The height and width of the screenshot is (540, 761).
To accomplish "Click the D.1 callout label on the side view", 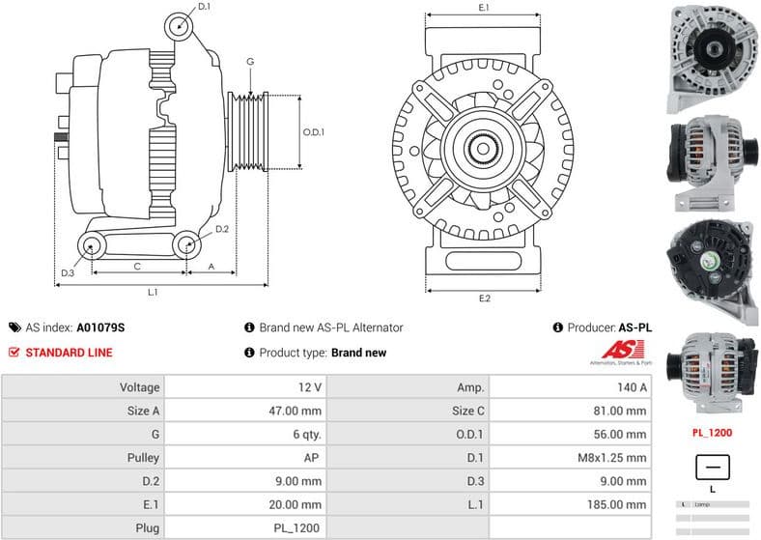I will pos(204,8).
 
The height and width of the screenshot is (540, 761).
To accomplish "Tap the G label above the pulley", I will pos(250,62).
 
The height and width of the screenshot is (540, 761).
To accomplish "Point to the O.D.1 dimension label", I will pos(314,132).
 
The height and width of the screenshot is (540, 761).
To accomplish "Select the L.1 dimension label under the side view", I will pos(153,292).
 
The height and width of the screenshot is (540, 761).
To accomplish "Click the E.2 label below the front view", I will pos(484,298).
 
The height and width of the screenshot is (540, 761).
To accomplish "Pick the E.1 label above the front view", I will pos(484,8).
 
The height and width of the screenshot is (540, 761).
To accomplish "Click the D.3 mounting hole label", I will pos(67,273).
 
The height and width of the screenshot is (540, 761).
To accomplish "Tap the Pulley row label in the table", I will pos(141,458).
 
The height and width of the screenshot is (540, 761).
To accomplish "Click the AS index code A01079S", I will pos(101,327).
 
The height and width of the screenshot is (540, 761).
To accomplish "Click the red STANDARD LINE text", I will pos(69,353).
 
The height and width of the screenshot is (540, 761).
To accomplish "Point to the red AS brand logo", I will pos(618,352).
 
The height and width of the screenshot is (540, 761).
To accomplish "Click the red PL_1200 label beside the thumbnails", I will pos(712,433).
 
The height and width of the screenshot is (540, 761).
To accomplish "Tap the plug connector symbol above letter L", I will pos(712,468).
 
